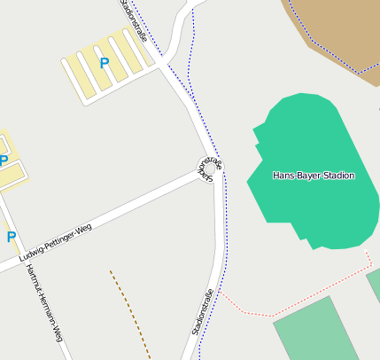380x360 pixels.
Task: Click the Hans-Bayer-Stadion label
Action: [314, 176]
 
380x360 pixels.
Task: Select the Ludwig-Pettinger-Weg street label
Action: [55, 243]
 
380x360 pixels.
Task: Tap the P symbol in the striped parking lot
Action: [105, 63]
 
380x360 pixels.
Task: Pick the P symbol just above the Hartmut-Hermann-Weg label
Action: [12, 237]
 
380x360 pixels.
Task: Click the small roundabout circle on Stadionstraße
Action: [206, 166]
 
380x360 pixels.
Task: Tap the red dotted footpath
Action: [257, 313]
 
